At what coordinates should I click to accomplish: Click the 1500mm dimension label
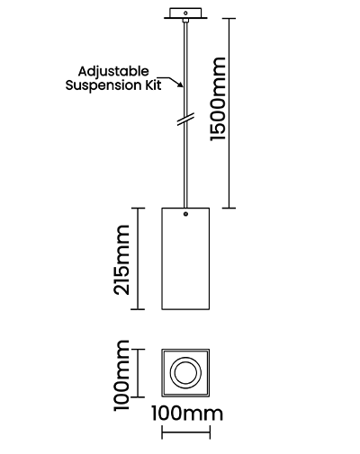[218, 99]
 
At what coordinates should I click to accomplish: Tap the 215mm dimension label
[121, 260]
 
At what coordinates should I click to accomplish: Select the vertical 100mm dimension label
[121, 376]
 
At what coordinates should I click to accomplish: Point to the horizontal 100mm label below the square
[187, 414]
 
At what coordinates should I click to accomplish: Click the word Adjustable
[113, 72]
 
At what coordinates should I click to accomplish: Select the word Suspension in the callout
[102, 85]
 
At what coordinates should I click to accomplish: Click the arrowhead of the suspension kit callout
[181, 85]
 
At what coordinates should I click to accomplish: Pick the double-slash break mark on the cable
[185, 119]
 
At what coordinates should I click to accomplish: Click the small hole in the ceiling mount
[185, 13]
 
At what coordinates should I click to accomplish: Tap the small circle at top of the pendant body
[185, 214]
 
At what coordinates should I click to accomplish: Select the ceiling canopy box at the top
[185, 13]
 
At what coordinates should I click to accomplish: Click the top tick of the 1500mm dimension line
[229, 18]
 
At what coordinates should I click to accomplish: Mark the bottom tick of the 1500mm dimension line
[229, 208]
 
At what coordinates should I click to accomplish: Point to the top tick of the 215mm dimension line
[138, 208]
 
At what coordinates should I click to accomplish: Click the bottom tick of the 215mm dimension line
[138, 309]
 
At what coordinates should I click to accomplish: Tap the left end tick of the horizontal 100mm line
[162, 432]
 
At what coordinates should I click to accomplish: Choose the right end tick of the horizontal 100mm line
[210, 432]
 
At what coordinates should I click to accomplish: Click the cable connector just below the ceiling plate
[185, 21]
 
